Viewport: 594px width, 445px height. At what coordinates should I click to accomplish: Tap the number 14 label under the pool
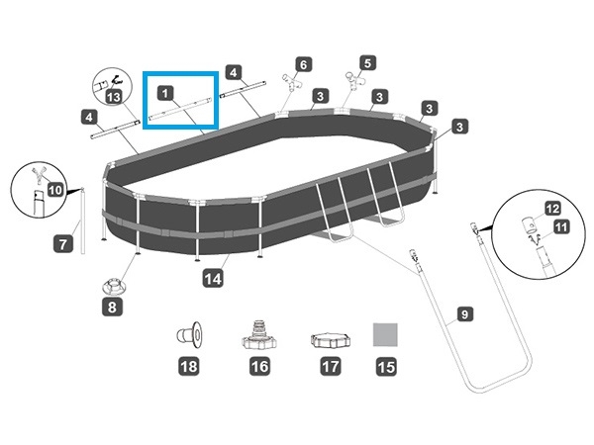(213, 279)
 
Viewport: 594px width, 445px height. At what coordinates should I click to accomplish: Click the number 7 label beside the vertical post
(62, 242)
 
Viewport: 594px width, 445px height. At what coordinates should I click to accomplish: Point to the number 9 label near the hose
(462, 317)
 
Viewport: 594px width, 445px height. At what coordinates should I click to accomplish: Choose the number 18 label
(188, 366)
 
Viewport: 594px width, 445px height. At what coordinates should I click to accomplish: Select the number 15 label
(386, 366)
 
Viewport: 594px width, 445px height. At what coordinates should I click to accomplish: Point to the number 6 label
(303, 64)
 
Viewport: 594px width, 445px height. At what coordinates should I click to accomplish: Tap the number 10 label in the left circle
(54, 187)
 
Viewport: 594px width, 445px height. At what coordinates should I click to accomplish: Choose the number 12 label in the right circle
(552, 208)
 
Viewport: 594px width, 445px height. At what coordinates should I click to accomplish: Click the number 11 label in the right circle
(559, 226)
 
